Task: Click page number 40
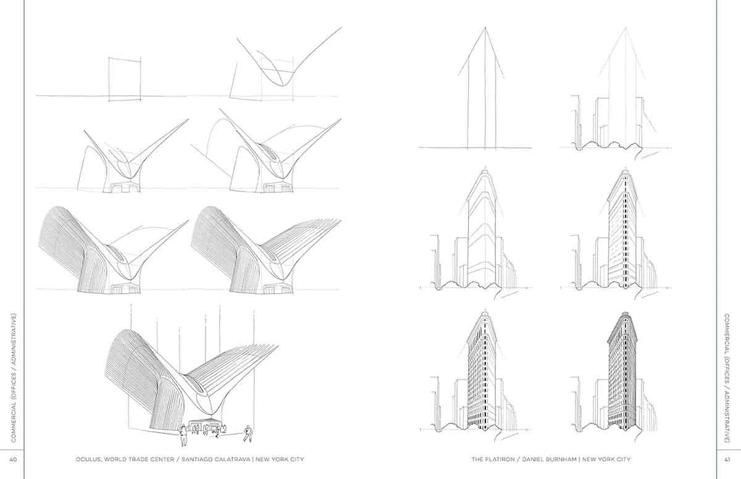(x=13, y=459)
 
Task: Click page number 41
(x=727, y=459)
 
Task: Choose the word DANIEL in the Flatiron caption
(x=534, y=459)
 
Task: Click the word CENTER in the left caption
(x=162, y=459)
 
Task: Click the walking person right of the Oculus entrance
(x=248, y=433)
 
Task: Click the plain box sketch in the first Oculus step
(x=125, y=78)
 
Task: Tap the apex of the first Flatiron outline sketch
(x=485, y=27)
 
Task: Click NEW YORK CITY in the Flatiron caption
(x=606, y=459)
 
